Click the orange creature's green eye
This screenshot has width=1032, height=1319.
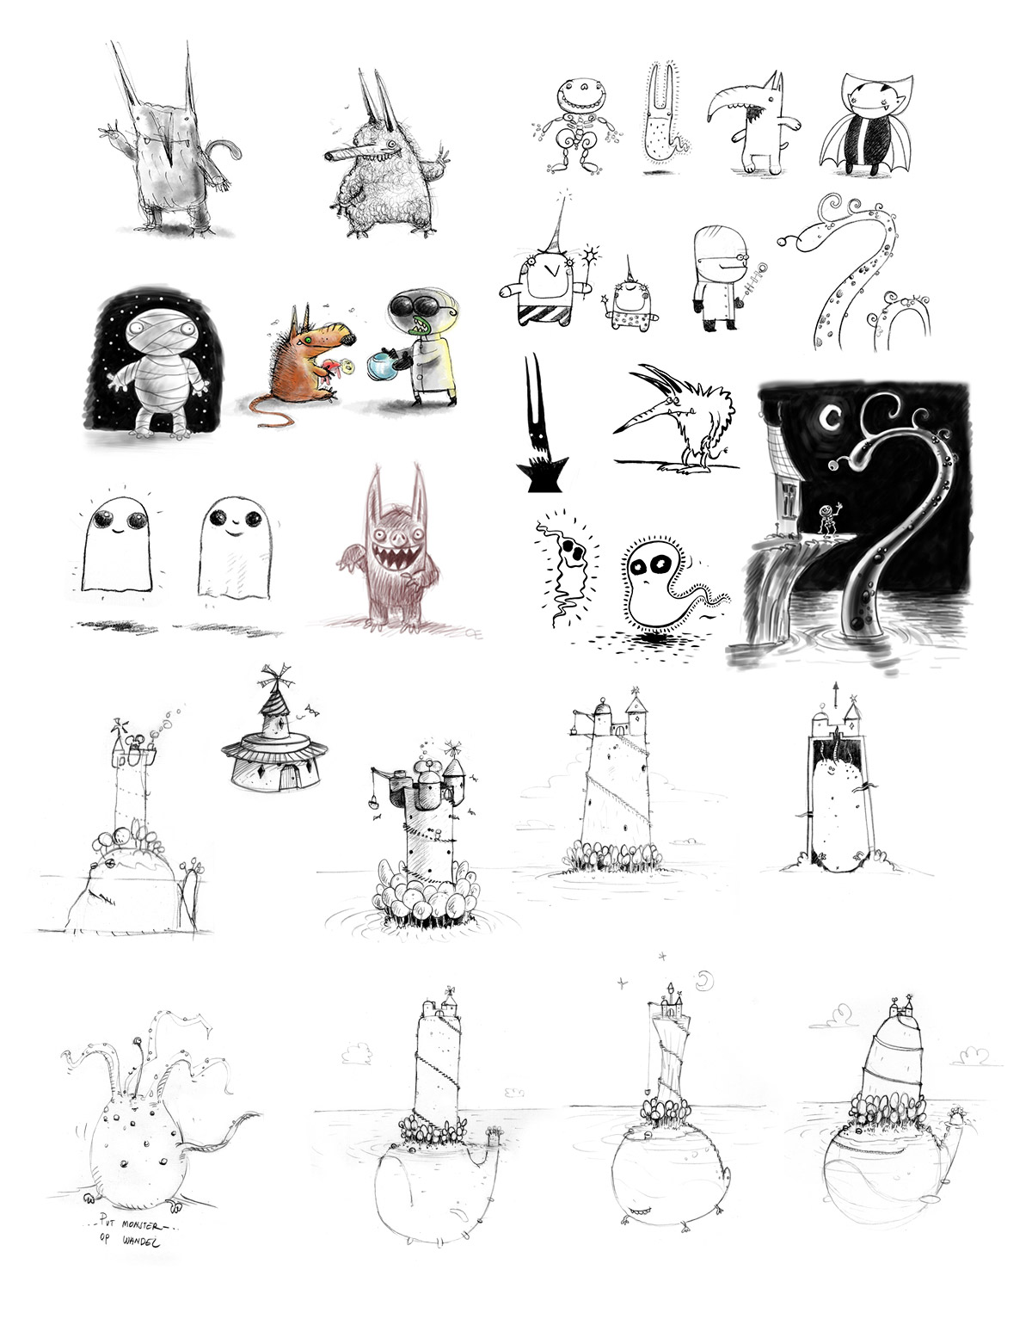pos(310,340)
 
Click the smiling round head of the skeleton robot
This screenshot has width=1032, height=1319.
pos(582,96)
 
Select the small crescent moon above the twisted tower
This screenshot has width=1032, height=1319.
pos(704,980)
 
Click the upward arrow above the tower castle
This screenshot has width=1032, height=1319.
pos(838,695)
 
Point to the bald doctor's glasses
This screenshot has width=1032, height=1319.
pos(740,258)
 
